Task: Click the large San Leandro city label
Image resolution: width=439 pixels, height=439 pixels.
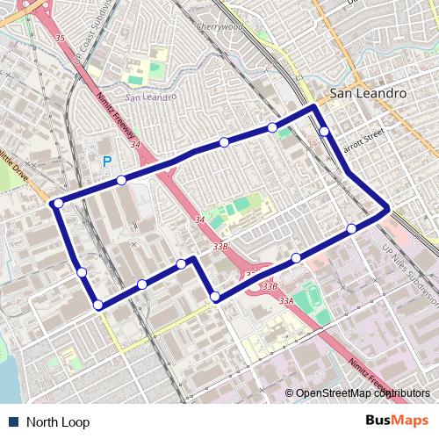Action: tap(364, 92)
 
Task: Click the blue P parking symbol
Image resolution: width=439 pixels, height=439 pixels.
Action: tap(107, 162)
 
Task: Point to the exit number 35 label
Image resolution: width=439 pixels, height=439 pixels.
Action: tap(60, 39)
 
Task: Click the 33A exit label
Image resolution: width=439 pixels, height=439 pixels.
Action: tap(286, 301)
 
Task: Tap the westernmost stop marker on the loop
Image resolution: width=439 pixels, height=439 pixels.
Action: tap(58, 203)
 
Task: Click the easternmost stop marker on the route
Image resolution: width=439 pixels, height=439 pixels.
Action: tap(352, 229)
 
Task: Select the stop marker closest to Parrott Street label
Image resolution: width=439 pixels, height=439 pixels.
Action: tap(325, 132)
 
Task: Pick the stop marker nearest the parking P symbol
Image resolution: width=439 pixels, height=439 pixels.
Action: tap(121, 180)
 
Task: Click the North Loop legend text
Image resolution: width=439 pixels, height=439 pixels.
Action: tap(58, 422)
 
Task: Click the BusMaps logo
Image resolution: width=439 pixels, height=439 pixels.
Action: tap(398, 421)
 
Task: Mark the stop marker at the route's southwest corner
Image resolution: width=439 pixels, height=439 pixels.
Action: tap(97, 305)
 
